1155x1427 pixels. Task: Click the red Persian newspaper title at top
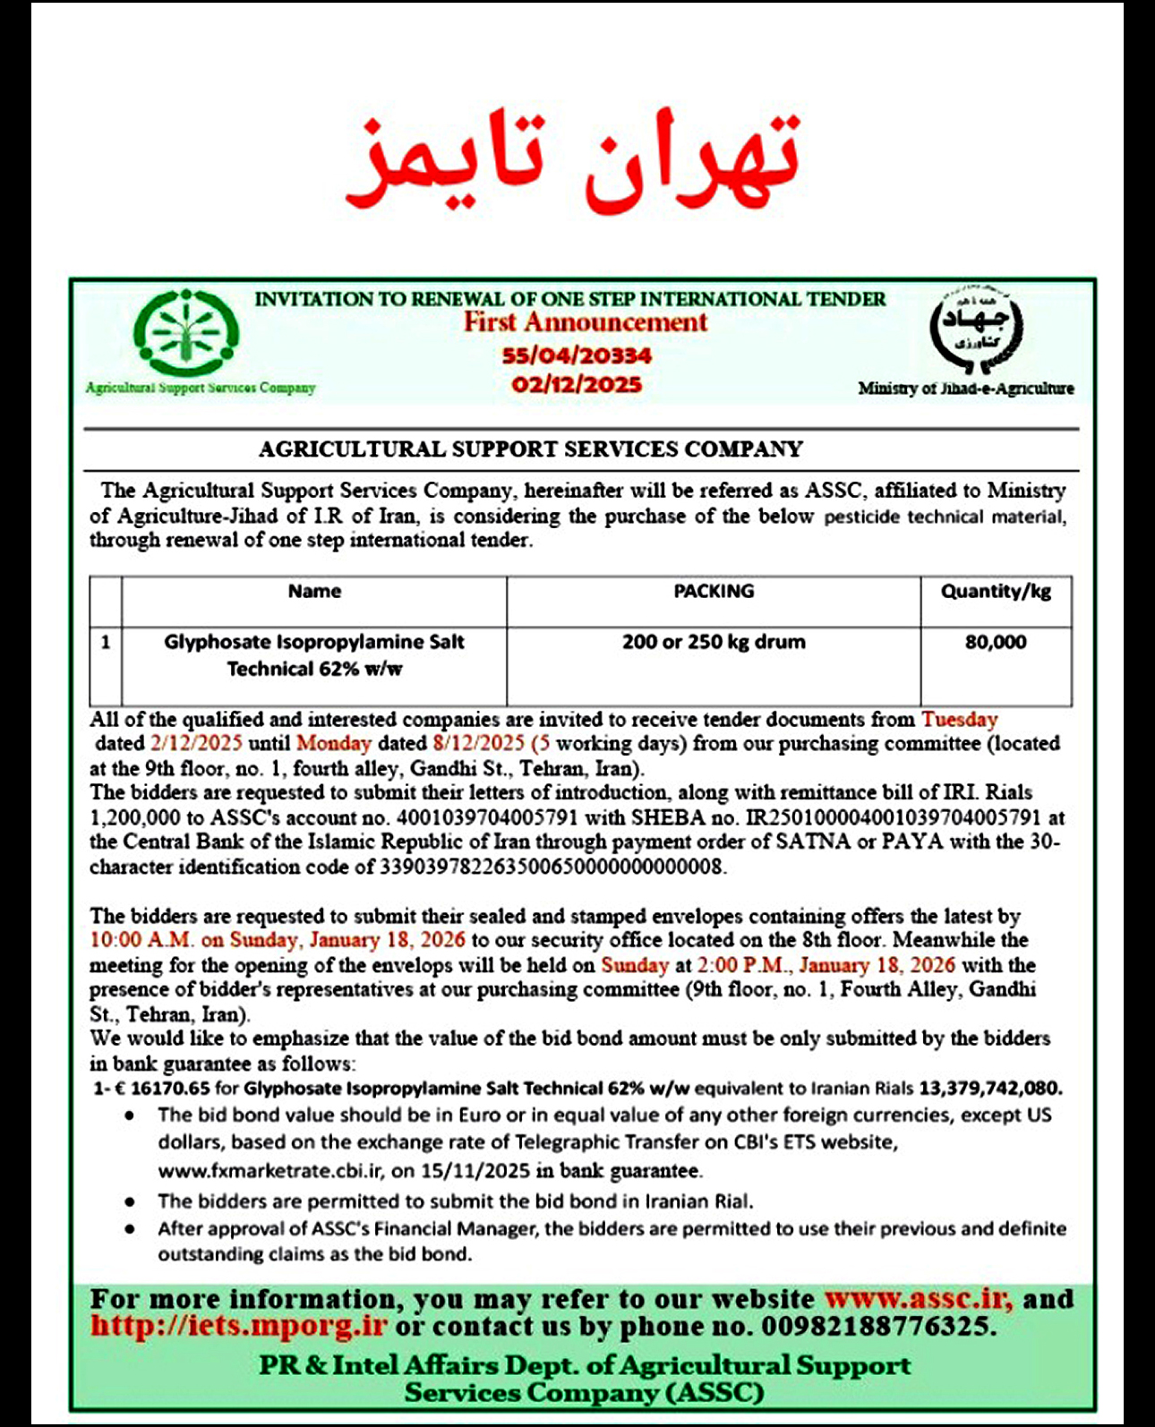point(574,161)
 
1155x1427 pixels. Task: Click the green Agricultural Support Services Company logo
point(186,333)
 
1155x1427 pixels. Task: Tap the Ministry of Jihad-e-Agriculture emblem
point(975,329)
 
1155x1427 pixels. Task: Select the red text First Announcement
point(586,322)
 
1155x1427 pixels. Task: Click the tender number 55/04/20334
point(577,355)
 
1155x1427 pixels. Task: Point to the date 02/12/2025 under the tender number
point(577,385)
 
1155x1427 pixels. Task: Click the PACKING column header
point(714,591)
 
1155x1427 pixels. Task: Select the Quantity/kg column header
point(996,591)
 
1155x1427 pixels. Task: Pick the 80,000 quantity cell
point(996,642)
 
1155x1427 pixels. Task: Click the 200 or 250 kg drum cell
point(714,642)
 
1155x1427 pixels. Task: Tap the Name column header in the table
point(314,591)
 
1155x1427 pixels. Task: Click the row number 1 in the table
point(106,642)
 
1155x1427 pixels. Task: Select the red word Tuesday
point(960,719)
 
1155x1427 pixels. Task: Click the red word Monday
point(333,743)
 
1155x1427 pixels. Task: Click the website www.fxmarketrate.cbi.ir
point(271,1171)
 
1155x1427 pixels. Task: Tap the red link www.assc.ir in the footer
point(918,1299)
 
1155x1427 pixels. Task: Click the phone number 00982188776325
point(877,1327)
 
